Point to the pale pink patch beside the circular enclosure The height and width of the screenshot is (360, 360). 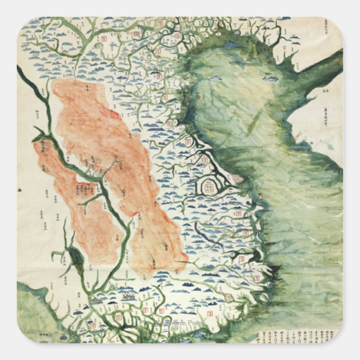coord(237,179)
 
